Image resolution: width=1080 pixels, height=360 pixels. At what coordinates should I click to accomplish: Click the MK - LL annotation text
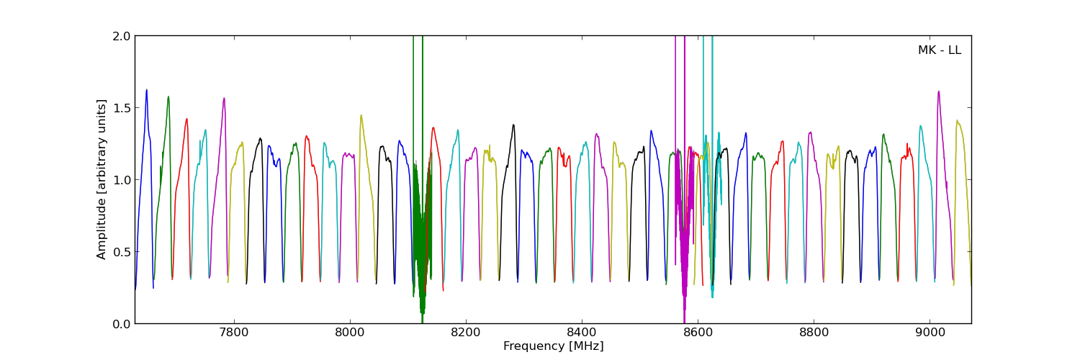(x=939, y=50)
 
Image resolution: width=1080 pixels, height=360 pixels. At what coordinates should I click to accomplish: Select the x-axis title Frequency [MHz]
(x=553, y=346)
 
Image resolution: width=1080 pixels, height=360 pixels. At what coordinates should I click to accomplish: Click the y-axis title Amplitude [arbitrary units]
(x=102, y=179)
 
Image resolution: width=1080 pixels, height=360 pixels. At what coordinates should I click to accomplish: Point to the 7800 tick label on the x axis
(x=233, y=334)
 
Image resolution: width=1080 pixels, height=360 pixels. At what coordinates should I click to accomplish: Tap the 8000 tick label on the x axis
(x=349, y=334)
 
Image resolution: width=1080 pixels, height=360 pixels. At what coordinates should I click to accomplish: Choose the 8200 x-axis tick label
(x=466, y=334)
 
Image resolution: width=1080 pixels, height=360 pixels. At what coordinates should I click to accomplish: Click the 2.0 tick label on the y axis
(x=122, y=36)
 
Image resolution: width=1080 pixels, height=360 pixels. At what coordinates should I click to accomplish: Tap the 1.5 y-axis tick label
(x=122, y=108)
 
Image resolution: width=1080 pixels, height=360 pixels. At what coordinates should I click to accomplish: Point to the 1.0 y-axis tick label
(x=122, y=180)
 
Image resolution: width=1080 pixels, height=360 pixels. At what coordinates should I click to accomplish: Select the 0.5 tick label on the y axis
(x=122, y=252)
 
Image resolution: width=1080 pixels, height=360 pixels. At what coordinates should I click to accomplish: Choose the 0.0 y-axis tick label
(x=122, y=324)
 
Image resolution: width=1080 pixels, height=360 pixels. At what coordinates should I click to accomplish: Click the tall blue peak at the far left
(x=146, y=91)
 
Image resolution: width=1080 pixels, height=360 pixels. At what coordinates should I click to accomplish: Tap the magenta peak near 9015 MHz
(x=938, y=92)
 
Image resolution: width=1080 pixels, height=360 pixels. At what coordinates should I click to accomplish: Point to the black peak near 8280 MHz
(x=513, y=125)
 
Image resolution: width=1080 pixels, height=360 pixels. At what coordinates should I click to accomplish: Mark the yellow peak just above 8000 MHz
(x=361, y=116)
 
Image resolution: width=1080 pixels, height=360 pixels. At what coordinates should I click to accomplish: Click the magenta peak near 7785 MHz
(x=224, y=99)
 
